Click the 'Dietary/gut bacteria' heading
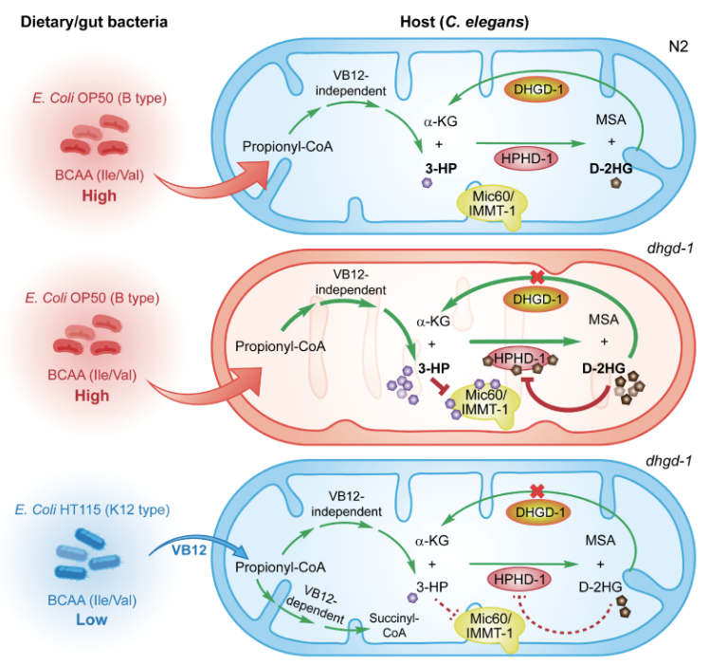click(x=94, y=22)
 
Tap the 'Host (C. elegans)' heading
click(x=464, y=22)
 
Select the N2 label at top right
click(x=679, y=46)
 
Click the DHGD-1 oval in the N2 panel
click(x=536, y=89)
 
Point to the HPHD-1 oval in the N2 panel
click(x=526, y=158)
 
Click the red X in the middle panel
click(x=536, y=277)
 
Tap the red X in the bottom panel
click(x=536, y=490)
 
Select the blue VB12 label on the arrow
click(x=189, y=550)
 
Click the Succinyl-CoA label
click(x=394, y=625)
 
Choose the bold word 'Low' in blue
click(x=92, y=620)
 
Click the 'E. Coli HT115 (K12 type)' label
click(x=92, y=509)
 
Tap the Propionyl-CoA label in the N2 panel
click(x=287, y=147)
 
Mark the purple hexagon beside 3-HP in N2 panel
click(x=427, y=183)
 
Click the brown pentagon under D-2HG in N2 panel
click(x=615, y=183)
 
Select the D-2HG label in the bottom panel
click(x=601, y=587)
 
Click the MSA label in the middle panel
click(x=604, y=320)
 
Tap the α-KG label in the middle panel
click(x=433, y=322)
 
